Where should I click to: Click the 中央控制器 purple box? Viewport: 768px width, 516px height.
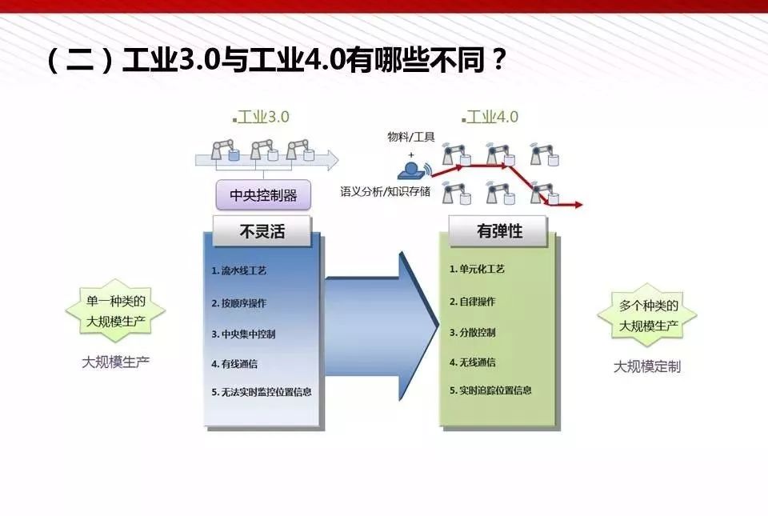pos(263,195)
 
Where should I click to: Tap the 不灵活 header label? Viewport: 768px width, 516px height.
pos(262,231)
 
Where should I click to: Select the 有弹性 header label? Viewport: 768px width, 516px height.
pos(498,230)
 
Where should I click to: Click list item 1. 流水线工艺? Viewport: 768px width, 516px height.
pos(238,270)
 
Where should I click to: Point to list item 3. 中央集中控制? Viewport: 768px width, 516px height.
pos(243,334)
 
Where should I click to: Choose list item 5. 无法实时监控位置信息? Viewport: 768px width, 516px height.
pos(262,392)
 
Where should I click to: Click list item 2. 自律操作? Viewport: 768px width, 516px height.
pos(473,301)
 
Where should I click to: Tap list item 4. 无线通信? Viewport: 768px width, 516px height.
pos(473,362)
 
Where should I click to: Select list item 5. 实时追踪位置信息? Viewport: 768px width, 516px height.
pos(490,390)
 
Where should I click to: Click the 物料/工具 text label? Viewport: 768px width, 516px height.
pos(411,137)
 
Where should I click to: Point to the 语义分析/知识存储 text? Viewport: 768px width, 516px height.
pos(386,191)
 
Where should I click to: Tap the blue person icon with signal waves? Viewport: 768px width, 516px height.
pos(414,170)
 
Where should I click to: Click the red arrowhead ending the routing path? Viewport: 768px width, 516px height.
pos(578,205)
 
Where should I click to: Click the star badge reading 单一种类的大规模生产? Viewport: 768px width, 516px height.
pos(115,311)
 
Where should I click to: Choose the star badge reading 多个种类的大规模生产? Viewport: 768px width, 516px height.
pos(647,314)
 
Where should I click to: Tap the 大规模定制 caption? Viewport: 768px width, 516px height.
pos(647,366)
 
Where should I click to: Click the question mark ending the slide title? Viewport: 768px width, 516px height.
pos(498,60)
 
